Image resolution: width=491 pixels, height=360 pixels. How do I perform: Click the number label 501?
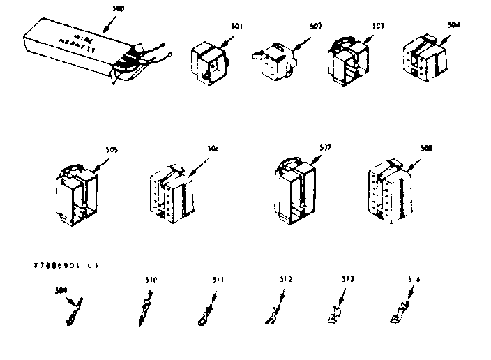pyautogui.click(x=238, y=26)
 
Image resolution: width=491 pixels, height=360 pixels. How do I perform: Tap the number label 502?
pyautogui.click(x=315, y=26)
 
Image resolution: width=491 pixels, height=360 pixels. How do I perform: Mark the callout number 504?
pyautogui.click(x=453, y=24)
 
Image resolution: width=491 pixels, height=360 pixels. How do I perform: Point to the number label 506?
pyautogui.click(x=213, y=148)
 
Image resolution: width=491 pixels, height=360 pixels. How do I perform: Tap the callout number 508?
pyautogui.click(x=426, y=148)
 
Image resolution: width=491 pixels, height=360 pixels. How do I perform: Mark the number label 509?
pyautogui.click(x=60, y=290)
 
